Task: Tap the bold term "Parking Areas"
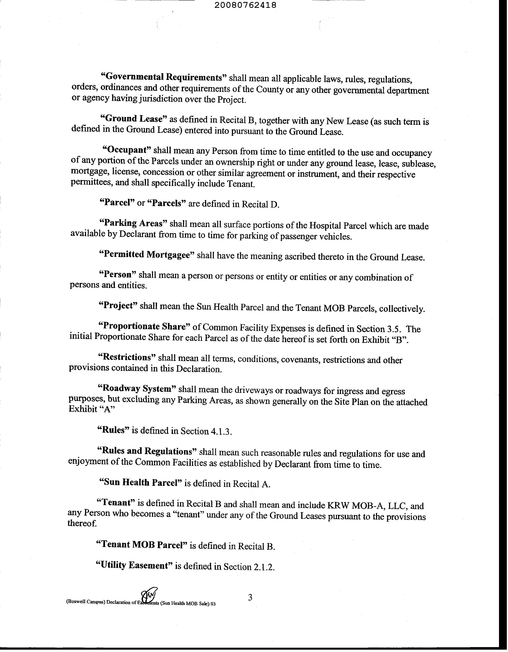(x=134, y=223)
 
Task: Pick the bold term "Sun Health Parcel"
(x=140, y=483)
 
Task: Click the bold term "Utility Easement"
(x=134, y=565)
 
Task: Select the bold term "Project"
(x=118, y=306)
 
